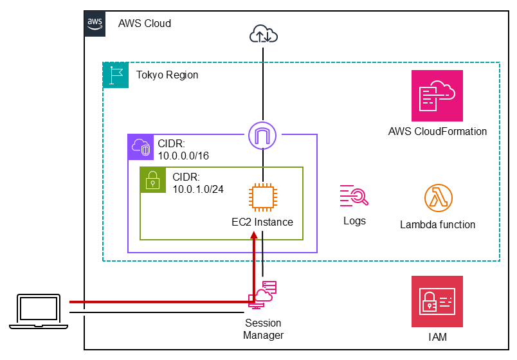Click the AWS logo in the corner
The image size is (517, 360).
coord(95,22)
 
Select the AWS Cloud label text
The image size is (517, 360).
coord(145,24)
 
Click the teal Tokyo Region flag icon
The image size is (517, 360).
coord(115,75)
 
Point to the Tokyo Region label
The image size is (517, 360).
coord(167,75)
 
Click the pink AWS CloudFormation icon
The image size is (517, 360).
coord(437,96)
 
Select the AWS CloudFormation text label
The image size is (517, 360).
coord(437,132)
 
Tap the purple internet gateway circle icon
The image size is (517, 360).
coord(262,135)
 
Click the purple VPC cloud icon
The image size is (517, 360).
coord(140,147)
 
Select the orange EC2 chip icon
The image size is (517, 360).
coord(262,197)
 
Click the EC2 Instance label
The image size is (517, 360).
coord(262,222)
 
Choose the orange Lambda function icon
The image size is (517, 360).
coord(438,199)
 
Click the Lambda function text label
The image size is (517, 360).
coord(438,225)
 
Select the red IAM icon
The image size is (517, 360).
coord(437,301)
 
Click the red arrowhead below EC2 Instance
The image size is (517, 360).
coord(255,235)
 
